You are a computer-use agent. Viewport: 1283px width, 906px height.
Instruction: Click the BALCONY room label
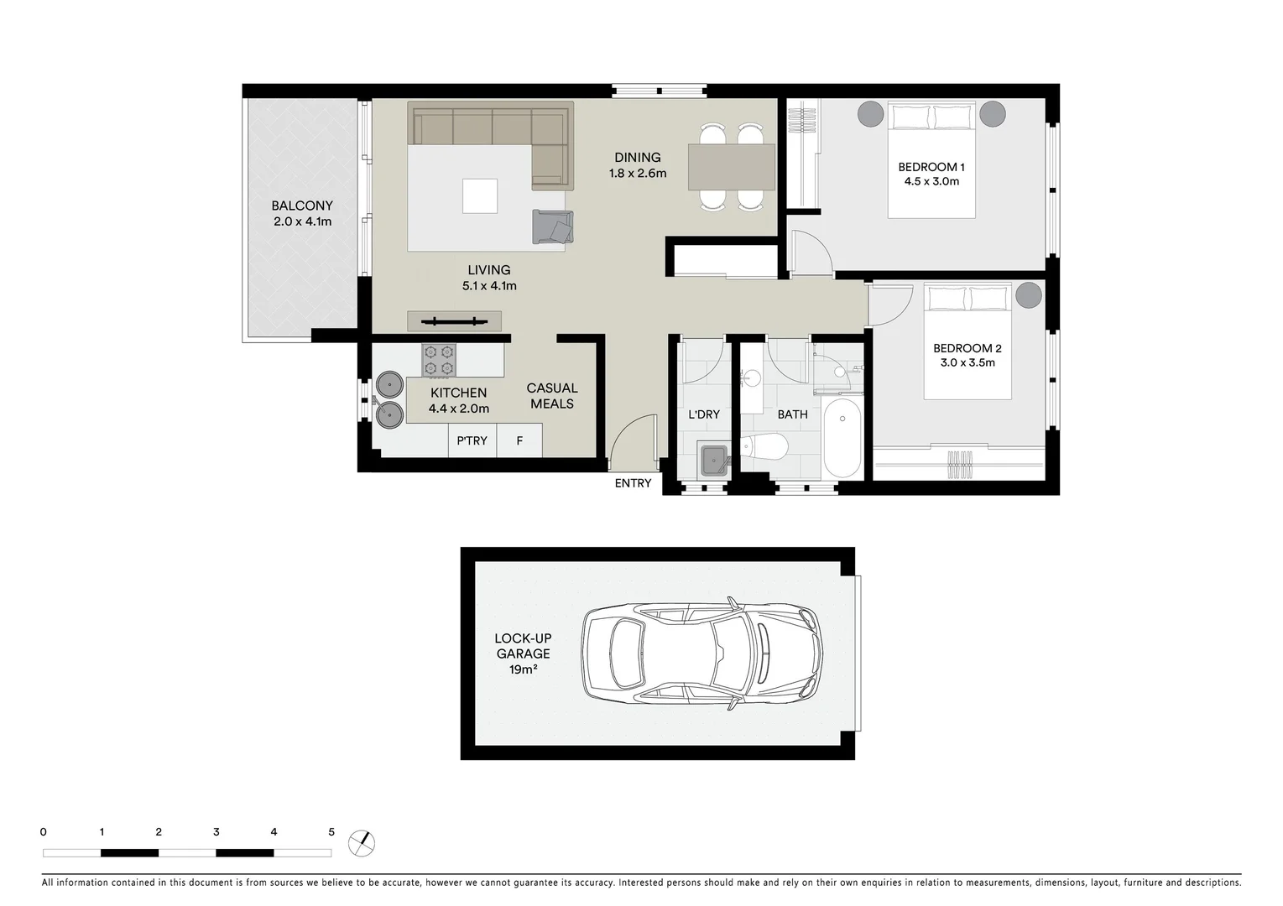[x=302, y=206]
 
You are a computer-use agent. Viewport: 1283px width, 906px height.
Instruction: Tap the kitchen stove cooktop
[x=439, y=361]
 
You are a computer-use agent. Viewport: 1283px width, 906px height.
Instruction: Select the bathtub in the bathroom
[x=842, y=438]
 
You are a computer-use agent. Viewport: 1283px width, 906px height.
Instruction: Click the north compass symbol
[x=362, y=843]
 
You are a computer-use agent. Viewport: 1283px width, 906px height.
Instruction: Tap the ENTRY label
[x=633, y=483]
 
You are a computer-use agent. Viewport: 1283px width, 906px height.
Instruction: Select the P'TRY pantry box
[x=472, y=440]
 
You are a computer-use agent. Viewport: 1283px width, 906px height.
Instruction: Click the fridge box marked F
[x=519, y=440]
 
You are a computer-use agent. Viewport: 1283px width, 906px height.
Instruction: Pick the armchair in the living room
[x=552, y=227]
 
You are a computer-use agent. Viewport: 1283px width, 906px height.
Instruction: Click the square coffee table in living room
[x=480, y=196]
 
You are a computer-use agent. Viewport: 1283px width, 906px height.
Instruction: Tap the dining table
[x=732, y=167]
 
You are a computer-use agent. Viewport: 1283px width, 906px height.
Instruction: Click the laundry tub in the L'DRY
[x=715, y=460]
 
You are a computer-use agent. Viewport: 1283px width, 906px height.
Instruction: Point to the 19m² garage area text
[x=523, y=669]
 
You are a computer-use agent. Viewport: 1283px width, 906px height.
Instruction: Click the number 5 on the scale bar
[x=331, y=832]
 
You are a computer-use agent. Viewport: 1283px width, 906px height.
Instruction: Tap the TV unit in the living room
[x=454, y=320]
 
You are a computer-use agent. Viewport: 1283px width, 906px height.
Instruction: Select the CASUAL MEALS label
[x=551, y=396]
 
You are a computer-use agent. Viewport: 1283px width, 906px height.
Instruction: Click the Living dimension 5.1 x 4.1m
[x=489, y=286]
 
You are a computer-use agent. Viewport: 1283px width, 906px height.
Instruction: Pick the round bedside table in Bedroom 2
[x=1029, y=295]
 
